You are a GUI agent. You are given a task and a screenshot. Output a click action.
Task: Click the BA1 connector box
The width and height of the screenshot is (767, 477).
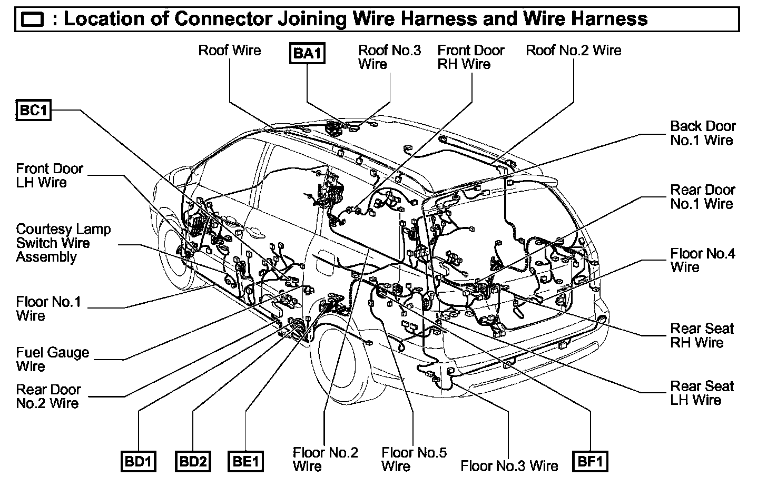click(x=307, y=53)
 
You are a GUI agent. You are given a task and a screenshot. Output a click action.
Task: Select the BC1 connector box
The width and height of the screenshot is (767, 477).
click(x=34, y=111)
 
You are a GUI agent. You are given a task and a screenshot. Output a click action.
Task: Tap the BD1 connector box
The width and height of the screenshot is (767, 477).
click(x=139, y=462)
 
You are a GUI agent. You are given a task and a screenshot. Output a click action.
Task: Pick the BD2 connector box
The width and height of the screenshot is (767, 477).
click(x=192, y=462)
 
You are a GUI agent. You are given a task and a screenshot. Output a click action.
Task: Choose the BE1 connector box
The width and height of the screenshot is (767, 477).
click(x=245, y=462)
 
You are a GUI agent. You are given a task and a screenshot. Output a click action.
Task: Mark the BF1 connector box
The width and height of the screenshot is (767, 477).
click(x=590, y=461)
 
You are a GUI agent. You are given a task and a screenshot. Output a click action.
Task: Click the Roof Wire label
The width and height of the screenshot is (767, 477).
click(x=229, y=51)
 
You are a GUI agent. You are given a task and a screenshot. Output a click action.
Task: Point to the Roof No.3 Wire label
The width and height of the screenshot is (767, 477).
click(x=389, y=57)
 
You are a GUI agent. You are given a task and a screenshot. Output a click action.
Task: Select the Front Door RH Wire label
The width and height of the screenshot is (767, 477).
click(x=470, y=57)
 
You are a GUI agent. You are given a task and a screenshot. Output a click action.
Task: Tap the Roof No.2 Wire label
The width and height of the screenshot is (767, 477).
click(x=574, y=51)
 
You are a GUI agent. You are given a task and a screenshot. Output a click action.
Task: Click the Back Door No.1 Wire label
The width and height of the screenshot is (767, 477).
click(x=703, y=133)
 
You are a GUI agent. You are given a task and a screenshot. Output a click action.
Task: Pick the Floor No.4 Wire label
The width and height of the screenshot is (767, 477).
click(x=703, y=260)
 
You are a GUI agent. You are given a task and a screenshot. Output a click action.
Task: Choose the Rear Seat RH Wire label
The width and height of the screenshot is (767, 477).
click(x=702, y=335)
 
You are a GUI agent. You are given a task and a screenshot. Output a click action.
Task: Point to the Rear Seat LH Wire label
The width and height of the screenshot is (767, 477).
click(x=702, y=393)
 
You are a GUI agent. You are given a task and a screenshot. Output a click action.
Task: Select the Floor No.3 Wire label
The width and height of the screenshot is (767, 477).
click(x=509, y=465)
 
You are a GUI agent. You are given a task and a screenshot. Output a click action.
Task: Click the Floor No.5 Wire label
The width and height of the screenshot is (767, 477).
click(x=414, y=459)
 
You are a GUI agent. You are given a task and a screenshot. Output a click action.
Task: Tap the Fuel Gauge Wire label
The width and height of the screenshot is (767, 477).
click(x=52, y=359)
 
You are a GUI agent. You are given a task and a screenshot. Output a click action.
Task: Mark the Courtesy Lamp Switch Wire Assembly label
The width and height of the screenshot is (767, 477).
click(x=63, y=243)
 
